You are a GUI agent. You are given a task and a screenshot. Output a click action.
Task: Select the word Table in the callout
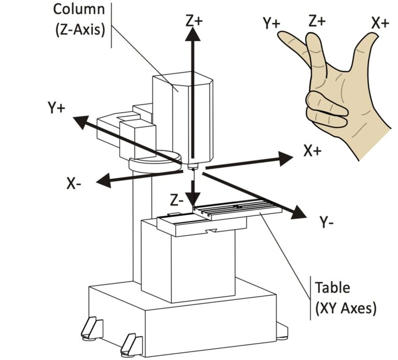tap(332, 287)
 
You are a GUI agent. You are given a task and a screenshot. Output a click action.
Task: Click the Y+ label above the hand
tap(272, 23)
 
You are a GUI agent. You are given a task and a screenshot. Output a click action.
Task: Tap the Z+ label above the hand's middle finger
tap(317, 21)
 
